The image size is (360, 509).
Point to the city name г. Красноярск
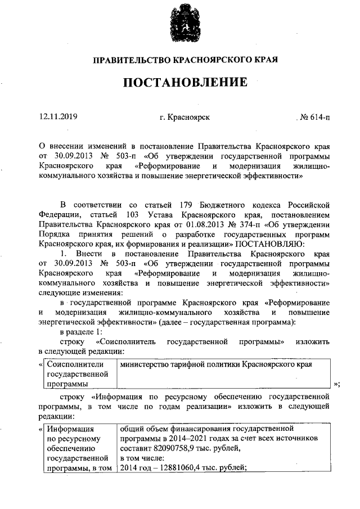point(184,117)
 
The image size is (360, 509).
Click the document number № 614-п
point(315,117)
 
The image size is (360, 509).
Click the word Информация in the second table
point(70,428)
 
